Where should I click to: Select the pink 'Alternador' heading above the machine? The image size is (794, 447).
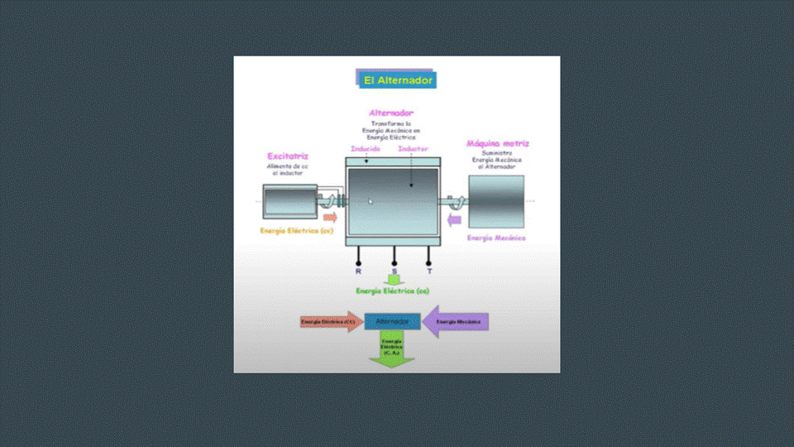pos(391,113)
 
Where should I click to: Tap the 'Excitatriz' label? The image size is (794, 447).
pos(288,156)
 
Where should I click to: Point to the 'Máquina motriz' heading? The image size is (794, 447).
pos(497,143)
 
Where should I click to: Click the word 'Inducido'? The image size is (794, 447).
pos(365,150)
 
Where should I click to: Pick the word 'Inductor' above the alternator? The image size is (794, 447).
pos(413,150)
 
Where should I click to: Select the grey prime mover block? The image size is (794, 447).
pos(496,201)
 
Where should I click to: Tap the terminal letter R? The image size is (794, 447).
pos(358,271)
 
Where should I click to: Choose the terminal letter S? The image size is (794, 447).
pos(394,271)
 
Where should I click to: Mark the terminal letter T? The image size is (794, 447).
pos(429,271)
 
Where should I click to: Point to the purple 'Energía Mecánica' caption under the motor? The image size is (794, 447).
pos(496,238)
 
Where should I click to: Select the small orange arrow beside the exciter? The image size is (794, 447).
pos(330,218)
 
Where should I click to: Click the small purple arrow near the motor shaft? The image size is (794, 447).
pos(452,219)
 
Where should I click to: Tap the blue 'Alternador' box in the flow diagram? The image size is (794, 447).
pos(393,321)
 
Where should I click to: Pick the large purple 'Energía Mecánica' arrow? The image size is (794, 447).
pos(457,321)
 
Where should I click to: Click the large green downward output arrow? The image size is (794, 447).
pos(392,351)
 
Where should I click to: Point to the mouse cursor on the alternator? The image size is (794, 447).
pos(371,201)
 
